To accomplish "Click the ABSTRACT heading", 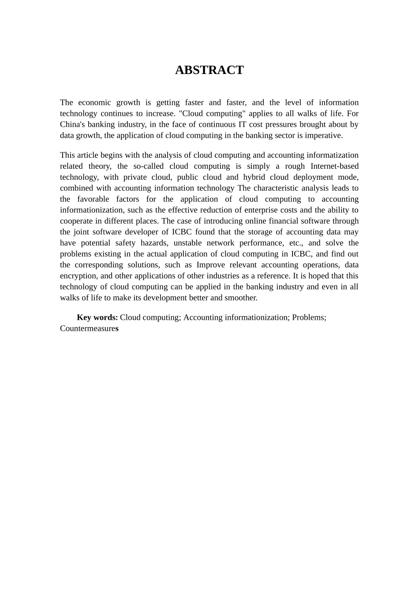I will click(209, 70).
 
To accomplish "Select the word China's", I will click(72, 125).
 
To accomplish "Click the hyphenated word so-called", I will click(148, 166).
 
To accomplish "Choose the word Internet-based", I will click(334, 166).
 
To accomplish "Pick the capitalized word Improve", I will click(210, 265).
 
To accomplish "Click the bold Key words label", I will click(97, 318).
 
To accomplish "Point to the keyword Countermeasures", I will click(89, 329).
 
